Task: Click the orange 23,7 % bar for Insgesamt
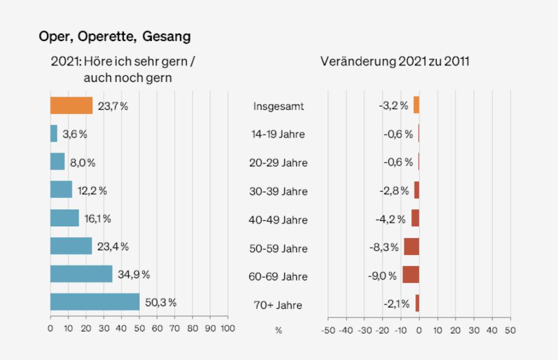tap(71, 106)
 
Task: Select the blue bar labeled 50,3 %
tap(95, 302)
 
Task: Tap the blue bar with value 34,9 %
tap(81, 274)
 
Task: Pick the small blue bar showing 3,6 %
tap(54, 134)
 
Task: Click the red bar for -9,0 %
tap(411, 275)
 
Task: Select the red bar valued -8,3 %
tap(411, 246)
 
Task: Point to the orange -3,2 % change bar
tap(416, 105)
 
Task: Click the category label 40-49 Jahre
tap(278, 220)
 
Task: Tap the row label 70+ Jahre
tap(278, 305)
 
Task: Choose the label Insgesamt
tap(278, 106)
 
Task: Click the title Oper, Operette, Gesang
tap(115, 37)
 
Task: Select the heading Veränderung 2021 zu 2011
tap(395, 61)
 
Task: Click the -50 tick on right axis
tap(328, 330)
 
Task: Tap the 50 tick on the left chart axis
tap(139, 329)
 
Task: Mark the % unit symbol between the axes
tap(278, 331)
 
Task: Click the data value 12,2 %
tap(92, 191)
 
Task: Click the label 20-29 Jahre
tap(278, 163)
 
